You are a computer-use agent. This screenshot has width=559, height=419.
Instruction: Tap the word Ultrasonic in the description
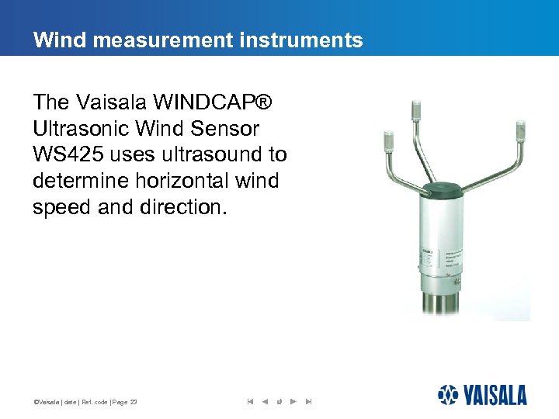click(80, 128)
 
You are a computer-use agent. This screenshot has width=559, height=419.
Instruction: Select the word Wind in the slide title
click(55, 40)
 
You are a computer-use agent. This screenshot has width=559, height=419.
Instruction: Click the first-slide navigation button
click(250, 401)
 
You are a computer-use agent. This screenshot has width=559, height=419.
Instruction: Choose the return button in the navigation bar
click(279, 401)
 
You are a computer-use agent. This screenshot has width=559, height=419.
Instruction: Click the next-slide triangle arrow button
click(293, 401)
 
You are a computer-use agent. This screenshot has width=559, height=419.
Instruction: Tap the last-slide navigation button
click(308, 401)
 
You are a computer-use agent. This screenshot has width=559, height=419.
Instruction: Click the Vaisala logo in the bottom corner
click(482, 394)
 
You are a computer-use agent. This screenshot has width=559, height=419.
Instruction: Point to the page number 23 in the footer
click(134, 402)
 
